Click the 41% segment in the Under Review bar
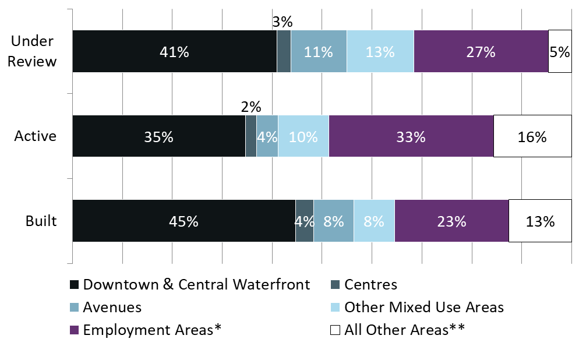(x=174, y=51)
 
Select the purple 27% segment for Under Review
(x=481, y=51)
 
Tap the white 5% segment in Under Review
(x=559, y=51)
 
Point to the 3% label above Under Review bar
(x=283, y=22)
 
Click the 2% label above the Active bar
(x=251, y=107)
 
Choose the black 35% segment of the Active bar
(x=158, y=136)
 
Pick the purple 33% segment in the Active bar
(x=411, y=136)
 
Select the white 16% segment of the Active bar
(x=532, y=136)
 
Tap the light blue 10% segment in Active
(x=303, y=136)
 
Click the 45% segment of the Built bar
(x=183, y=221)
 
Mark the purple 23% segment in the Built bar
(x=451, y=221)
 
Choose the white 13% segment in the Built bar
(x=539, y=221)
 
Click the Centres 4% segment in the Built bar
(x=305, y=221)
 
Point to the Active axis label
(x=36, y=136)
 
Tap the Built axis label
(x=41, y=221)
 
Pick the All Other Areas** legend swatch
(x=335, y=330)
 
